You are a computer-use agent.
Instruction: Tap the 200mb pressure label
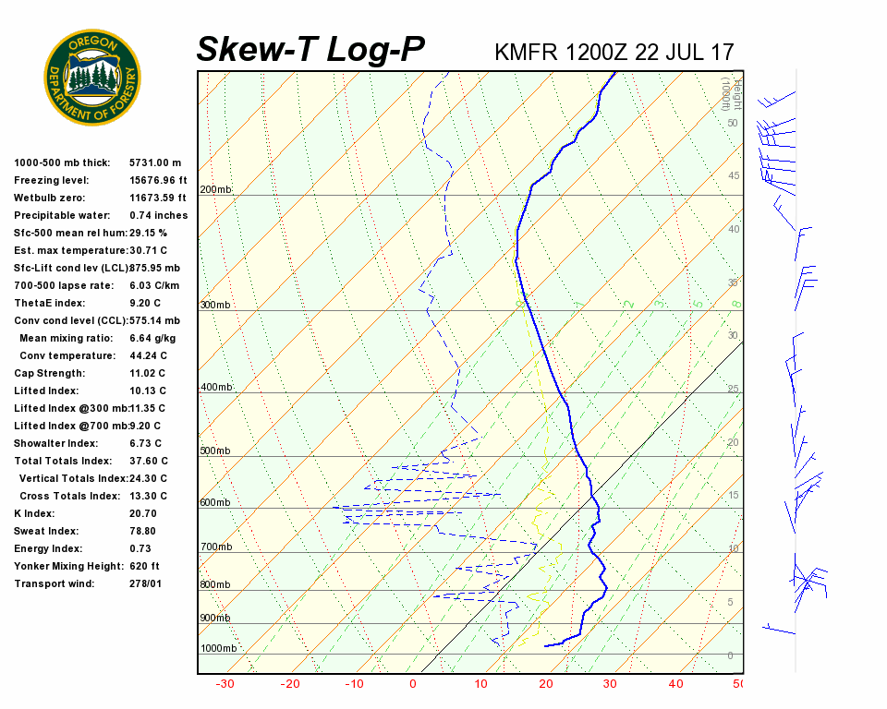point(215,190)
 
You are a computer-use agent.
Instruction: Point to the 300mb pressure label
point(215,306)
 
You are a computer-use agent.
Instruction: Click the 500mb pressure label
point(215,451)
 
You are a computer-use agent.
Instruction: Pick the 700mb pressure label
point(215,547)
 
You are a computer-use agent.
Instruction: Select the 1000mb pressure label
point(218,649)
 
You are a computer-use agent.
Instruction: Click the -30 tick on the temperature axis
point(225,684)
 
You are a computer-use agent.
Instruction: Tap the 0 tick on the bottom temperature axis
point(412,684)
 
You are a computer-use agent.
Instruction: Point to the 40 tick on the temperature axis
point(675,684)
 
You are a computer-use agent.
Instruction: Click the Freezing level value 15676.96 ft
point(158,180)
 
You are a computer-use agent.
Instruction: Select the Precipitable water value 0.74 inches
point(158,215)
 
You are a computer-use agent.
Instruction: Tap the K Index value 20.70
point(143,513)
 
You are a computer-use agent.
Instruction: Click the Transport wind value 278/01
point(146,583)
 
